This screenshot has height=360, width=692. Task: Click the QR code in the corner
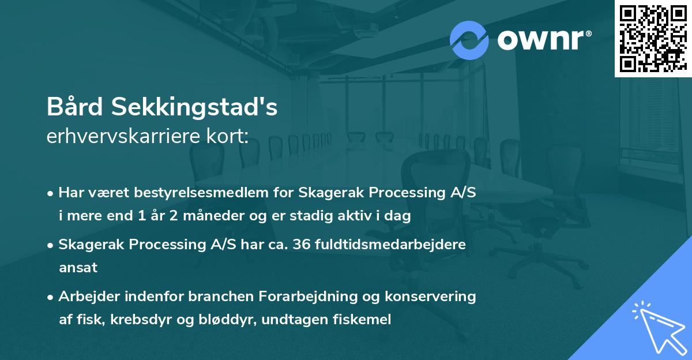[x=653, y=39]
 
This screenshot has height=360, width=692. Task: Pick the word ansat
[x=78, y=268]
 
